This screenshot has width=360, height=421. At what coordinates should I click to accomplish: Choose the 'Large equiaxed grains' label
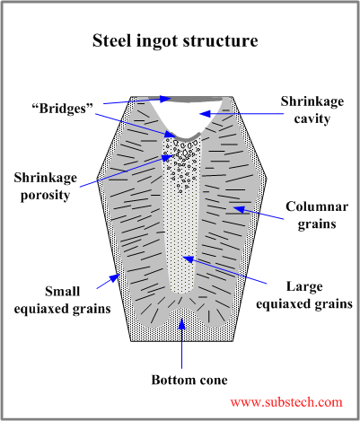pyautogui.click(x=305, y=295)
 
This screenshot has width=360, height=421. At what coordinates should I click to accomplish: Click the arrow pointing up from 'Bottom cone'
pyautogui.click(x=184, y=341)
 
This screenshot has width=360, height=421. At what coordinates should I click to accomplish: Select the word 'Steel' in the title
pyautogui.click(x=114, y=41)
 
